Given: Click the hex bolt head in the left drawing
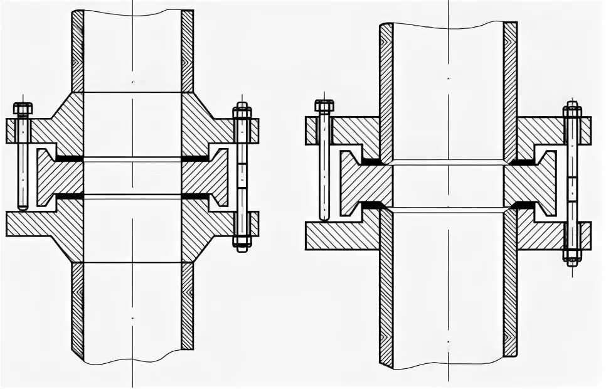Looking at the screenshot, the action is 23,109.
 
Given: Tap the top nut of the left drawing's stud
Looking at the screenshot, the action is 242,112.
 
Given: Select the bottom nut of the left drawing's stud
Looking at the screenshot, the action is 242,241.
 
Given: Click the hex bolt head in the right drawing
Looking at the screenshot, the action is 324,106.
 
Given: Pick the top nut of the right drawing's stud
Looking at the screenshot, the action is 571,111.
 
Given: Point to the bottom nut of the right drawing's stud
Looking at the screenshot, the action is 571,255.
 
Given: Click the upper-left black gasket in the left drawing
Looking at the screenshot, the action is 69,158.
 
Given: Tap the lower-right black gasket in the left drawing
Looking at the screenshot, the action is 196,196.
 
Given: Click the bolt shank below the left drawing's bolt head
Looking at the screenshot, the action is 23,163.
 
